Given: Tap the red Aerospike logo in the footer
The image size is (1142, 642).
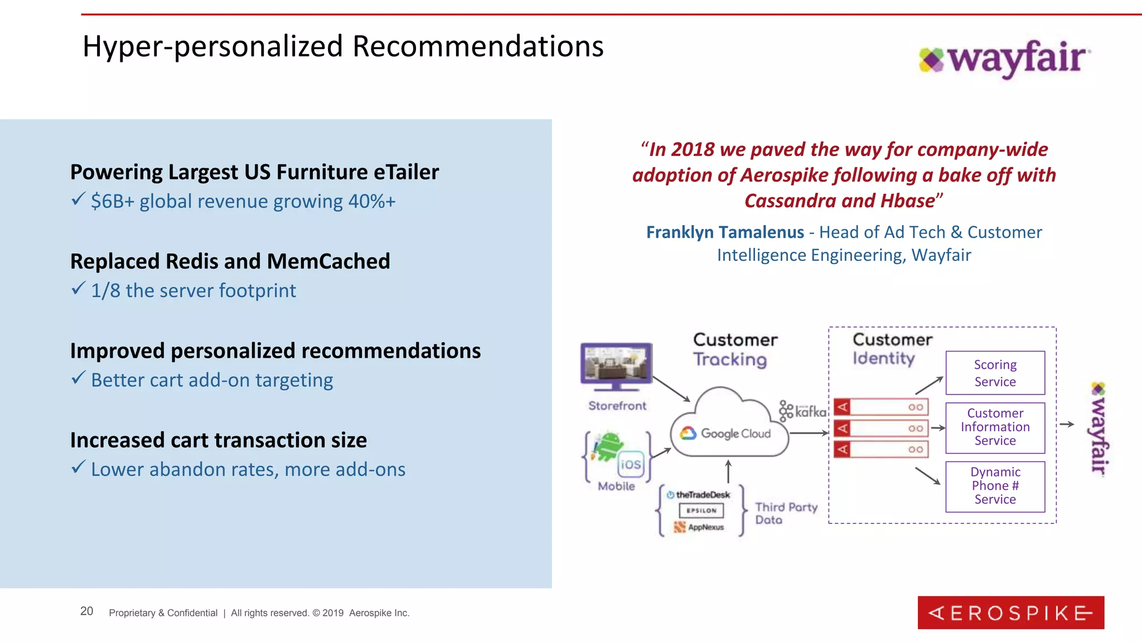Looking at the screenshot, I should click(x=1010, y=612).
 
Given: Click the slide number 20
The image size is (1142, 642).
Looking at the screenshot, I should click(x=86, y=611).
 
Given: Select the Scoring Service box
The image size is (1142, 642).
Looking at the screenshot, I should click(x=995, y=373).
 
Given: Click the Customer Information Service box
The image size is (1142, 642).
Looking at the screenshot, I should click(x=995, y=427).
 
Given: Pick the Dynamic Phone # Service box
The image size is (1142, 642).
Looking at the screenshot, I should click(x=995, y=486).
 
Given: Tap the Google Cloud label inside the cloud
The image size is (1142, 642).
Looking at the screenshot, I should click(x=735, y=434).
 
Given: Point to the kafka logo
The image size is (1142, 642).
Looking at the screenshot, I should click(x=803, y=411).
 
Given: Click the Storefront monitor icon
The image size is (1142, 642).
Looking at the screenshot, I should click(x=616, y=366).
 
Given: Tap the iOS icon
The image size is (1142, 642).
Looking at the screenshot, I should click(x=631, y=464).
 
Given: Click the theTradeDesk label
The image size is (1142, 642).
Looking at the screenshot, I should click(x=702, y=495).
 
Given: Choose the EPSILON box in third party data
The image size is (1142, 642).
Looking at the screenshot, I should click(x=701, y=510).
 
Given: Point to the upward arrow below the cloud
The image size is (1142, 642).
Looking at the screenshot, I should click(x=728, y=471).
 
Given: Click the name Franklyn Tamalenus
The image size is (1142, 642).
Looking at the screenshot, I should click(x=725, y=232).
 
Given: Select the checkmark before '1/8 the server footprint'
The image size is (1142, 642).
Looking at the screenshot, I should click(x=78, y=289).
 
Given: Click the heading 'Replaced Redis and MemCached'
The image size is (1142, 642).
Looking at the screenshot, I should click(x=230, y=261).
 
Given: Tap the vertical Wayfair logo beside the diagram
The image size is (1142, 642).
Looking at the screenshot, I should click(x=1099, y=428).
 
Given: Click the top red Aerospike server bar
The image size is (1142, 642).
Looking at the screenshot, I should click(x=880, y=407).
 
